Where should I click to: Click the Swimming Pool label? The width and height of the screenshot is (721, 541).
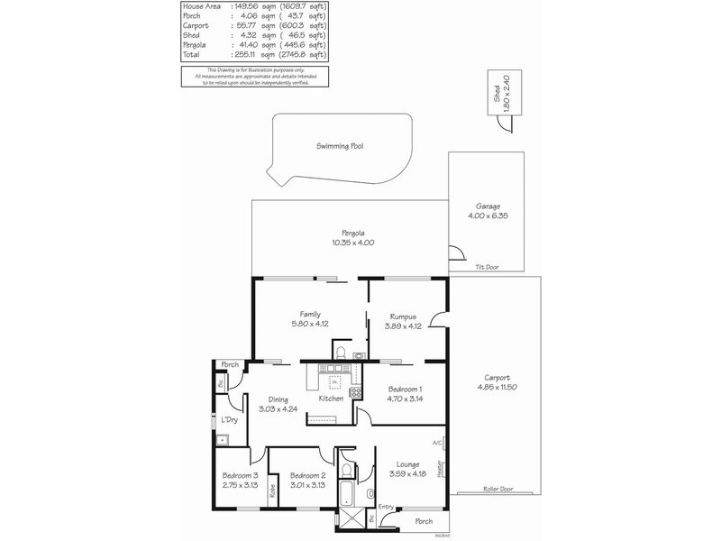coord(339,145)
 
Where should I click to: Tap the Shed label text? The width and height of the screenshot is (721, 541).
coord(495,94)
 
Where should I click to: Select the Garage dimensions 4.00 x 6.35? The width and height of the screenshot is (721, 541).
coord(488,215)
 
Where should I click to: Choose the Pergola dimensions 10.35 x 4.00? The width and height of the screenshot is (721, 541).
coord(351,243)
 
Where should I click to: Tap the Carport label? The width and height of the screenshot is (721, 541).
coord(497,378)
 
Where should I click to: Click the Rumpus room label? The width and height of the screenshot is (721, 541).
coord(402,316)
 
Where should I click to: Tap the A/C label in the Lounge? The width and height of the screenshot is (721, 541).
coord(437,443)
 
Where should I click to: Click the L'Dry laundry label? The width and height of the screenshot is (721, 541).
coord(229,420)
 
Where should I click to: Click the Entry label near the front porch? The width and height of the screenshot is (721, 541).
coord(386,507)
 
